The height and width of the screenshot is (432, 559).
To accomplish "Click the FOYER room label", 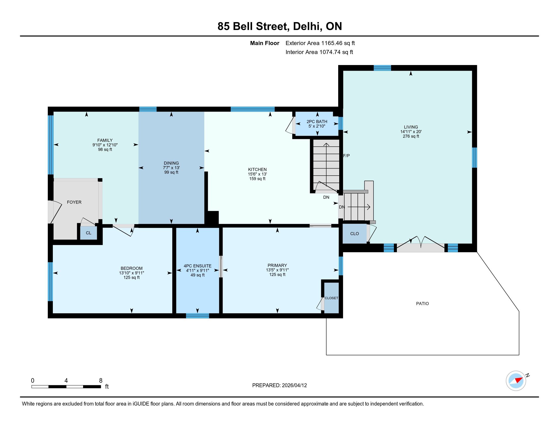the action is [74, 202].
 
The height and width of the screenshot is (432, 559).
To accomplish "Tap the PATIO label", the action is [422, 303].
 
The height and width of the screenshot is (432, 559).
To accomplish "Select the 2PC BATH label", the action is [317, 121].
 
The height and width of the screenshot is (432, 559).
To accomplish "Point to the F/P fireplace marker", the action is [346, 156].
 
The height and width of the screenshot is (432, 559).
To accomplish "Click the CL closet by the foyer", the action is [89, 233].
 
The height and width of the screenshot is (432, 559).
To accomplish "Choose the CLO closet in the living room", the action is [354, 234].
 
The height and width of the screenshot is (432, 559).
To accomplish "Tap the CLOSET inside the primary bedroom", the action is [331, 298].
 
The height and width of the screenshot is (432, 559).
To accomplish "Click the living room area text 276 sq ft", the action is [411, 136].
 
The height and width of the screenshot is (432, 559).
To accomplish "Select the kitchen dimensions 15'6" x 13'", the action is [257, 174].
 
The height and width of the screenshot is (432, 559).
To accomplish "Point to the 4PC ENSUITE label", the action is [198, 266].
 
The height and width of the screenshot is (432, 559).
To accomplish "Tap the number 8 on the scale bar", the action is [101, 381].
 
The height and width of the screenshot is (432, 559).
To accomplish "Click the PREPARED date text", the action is [279, 385].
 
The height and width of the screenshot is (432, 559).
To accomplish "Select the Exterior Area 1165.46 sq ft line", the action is [320, 43].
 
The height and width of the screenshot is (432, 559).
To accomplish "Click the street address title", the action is [280, 26].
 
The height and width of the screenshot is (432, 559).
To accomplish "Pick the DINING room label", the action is [171, 163].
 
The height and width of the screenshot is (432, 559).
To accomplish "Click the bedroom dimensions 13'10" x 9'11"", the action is [132, 273].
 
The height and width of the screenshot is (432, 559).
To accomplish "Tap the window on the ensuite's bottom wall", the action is [197, 316].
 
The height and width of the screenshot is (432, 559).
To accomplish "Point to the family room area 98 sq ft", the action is [105, 149].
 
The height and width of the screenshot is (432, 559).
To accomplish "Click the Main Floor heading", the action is [265, 43].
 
